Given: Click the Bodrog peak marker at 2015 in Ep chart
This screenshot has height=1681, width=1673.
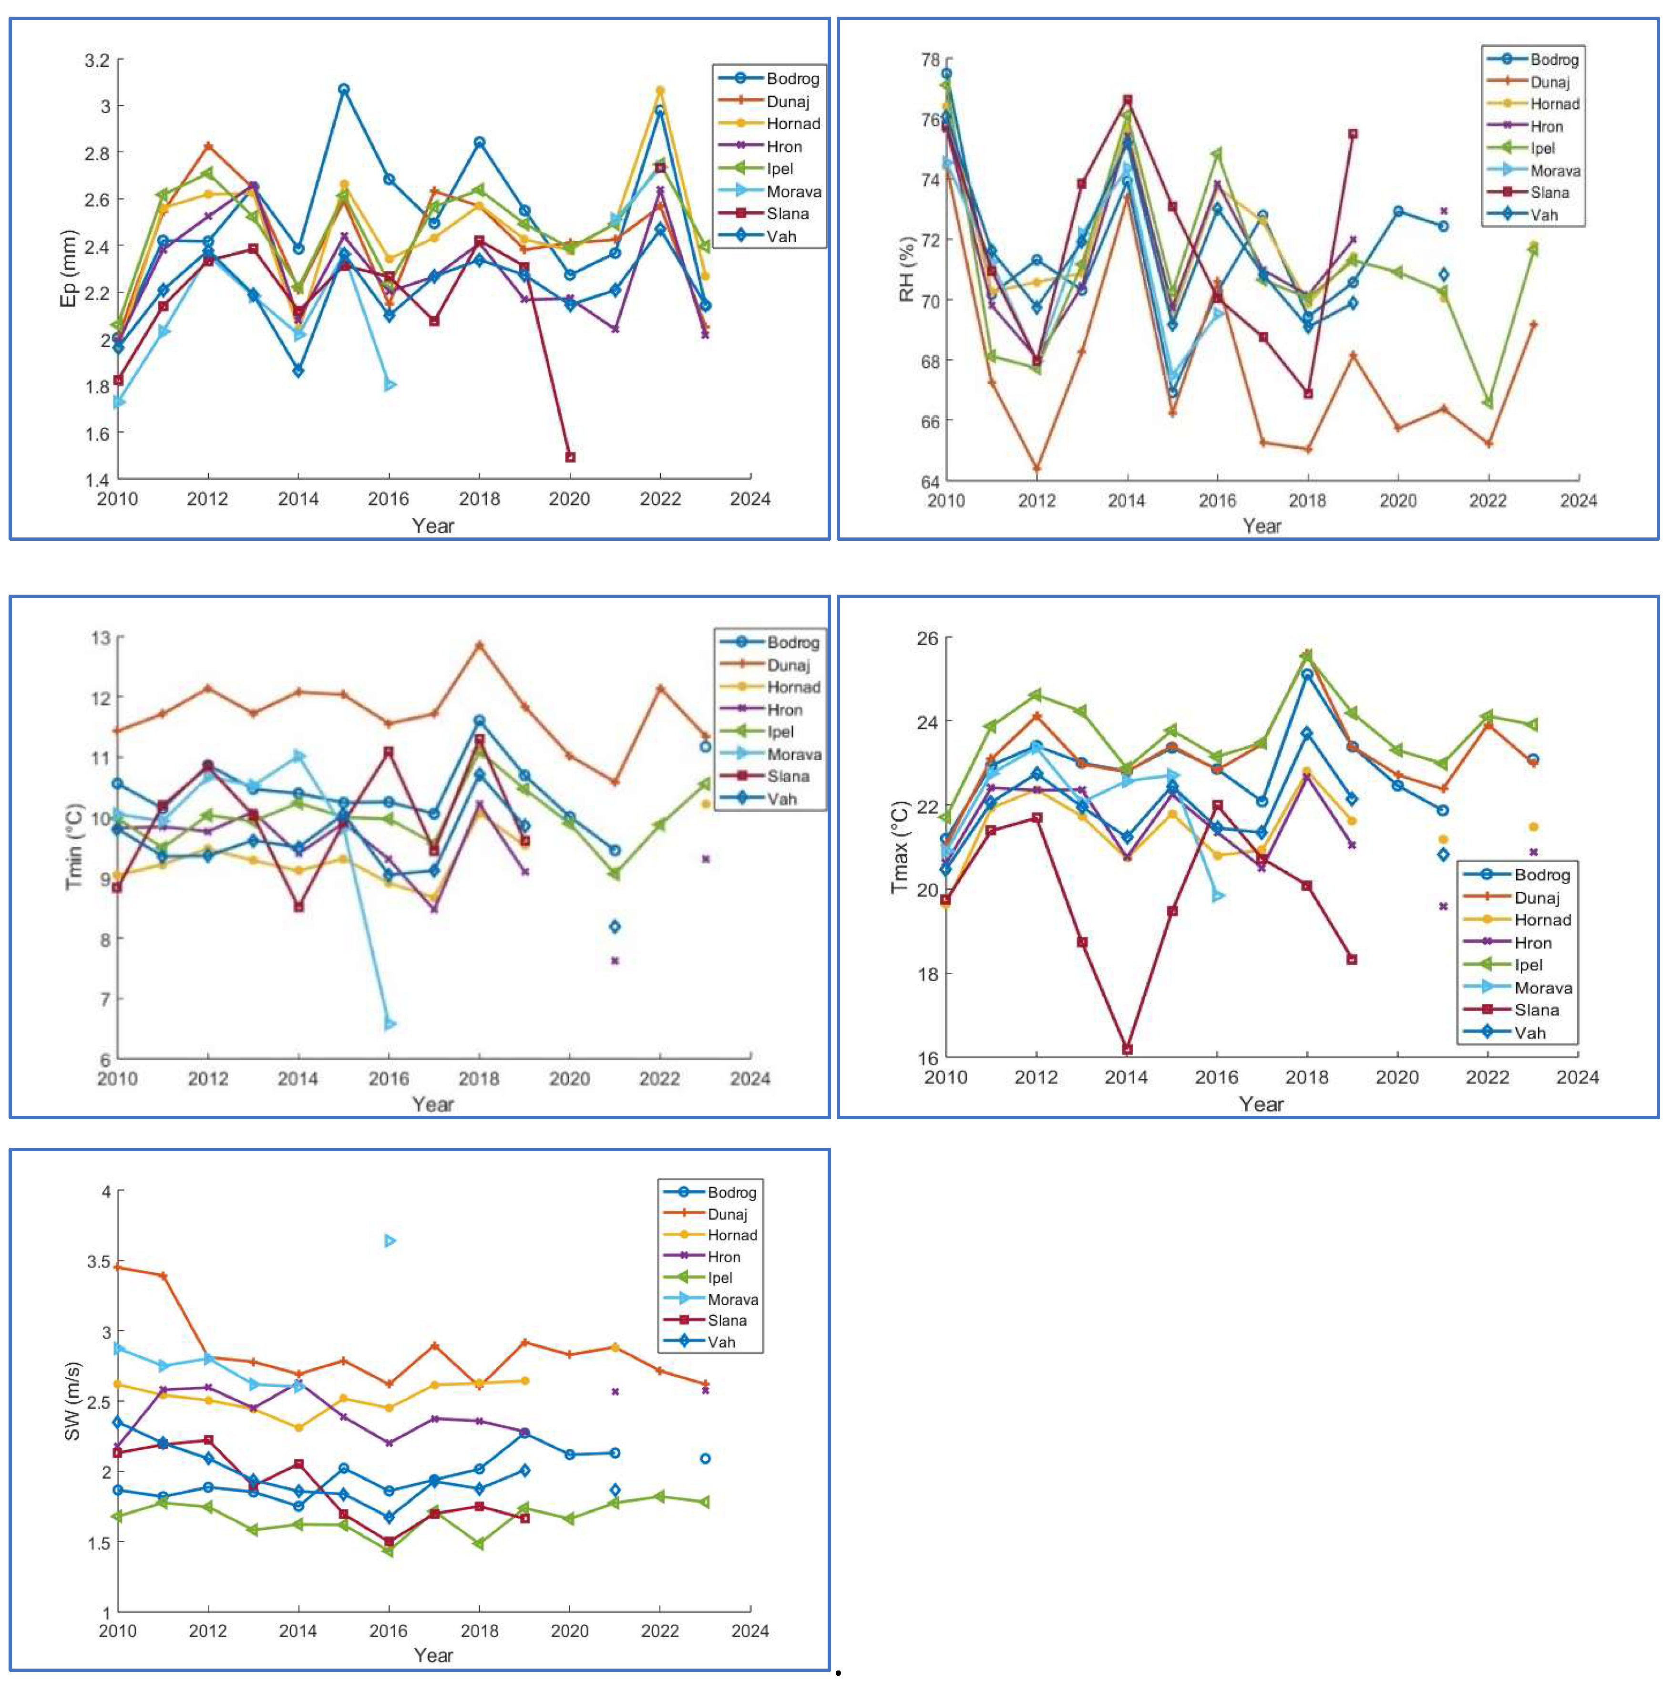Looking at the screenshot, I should coord(344,90).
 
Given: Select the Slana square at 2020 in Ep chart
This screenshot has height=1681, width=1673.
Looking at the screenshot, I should coord(570,457).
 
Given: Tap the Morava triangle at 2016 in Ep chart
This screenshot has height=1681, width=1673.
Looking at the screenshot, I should coord(390,384).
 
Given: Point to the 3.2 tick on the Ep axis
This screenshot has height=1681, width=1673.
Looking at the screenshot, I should coord(97,60).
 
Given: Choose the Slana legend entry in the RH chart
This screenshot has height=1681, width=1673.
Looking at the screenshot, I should coord(1549,192).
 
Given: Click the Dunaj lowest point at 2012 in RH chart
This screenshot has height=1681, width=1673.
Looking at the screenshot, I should coord(1036,469).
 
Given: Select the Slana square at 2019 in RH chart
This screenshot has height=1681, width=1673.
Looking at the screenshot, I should coord(1353,134).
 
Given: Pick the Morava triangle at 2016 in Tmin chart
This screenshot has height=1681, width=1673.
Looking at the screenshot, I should coord(390,1024).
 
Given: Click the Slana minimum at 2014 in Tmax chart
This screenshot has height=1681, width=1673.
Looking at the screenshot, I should coord(1127,1049).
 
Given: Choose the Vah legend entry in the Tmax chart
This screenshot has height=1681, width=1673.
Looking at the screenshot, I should coord(1529,1033).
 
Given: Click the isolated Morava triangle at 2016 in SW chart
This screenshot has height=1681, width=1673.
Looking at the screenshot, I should coord(390,1241).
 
